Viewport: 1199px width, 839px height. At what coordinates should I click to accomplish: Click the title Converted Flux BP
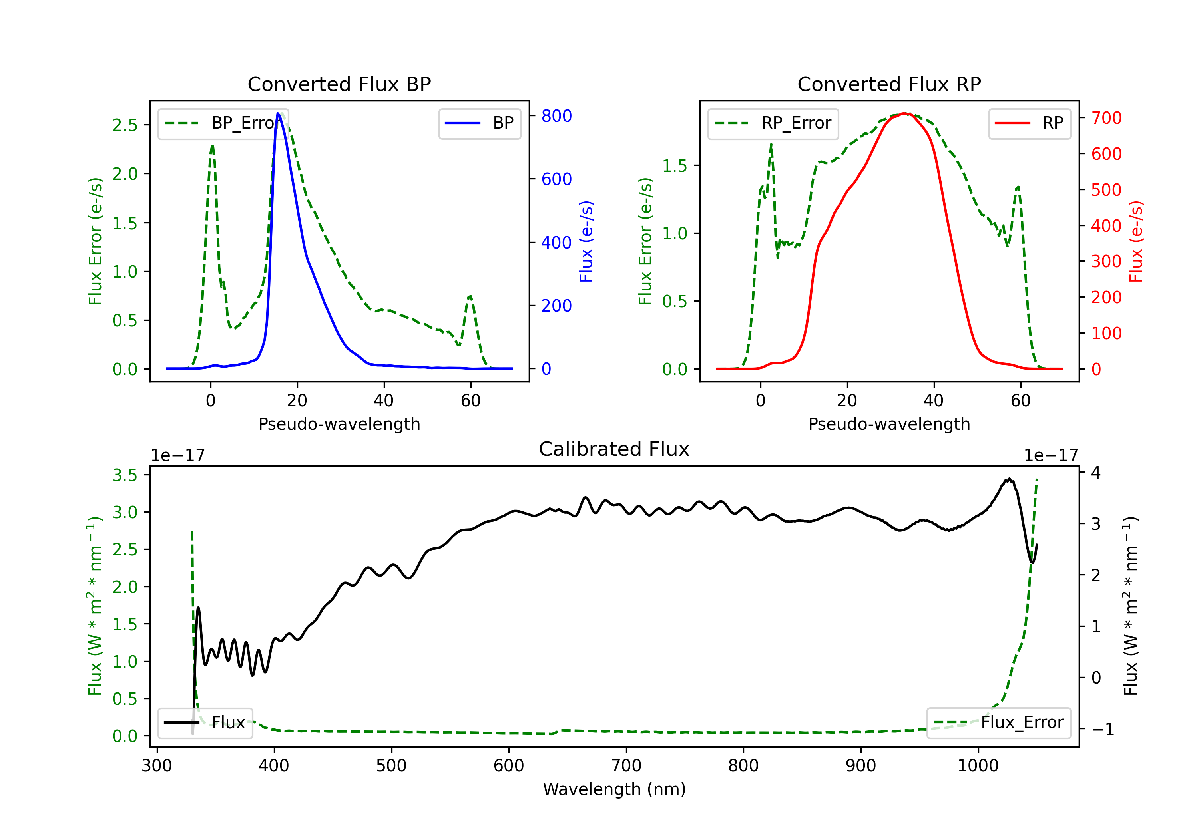[x=339, y=84]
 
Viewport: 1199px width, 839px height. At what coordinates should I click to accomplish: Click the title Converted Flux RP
[x=889, y=84]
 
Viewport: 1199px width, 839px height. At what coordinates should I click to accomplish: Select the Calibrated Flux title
[x=614, y=449]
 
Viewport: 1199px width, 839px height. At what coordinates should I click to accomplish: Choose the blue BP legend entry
[x=479, y=123]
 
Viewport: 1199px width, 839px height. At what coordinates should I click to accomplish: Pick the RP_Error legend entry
[x=773, y=123]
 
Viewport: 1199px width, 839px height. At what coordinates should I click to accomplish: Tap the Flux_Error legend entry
[x=998, y=723]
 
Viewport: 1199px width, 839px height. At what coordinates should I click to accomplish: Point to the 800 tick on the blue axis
[x=557, y=116]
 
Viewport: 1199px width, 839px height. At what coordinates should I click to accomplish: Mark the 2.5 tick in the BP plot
[x=125, y=125]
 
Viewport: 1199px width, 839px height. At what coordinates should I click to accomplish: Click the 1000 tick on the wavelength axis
[x=978, y=766]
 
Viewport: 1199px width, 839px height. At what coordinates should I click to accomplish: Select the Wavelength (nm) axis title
[x=614, y=789]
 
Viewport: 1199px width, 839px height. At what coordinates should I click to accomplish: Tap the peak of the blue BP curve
[x=278, y=113]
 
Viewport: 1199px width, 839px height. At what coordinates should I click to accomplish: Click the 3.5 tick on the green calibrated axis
[x=125, y=475]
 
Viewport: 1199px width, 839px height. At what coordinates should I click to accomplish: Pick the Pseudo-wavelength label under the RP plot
[x=889, y=424]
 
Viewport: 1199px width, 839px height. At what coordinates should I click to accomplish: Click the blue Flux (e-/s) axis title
[x=586, y=242]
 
